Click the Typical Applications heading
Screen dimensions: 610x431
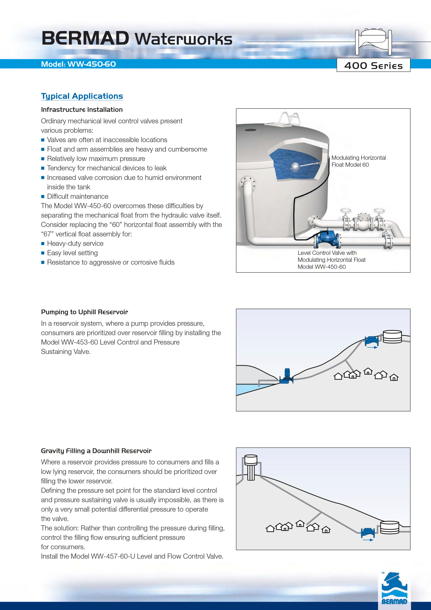click(82, 96)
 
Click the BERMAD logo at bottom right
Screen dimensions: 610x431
click(394, 589)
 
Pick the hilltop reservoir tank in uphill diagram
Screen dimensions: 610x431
click(392, 337)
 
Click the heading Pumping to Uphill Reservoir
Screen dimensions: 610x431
click(84, 312)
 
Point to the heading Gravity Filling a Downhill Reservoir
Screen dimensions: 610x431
click(96, 451)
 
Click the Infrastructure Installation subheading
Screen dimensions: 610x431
click(82, 110)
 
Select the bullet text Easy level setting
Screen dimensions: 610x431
click(72, 253)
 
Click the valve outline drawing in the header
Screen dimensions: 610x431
click(373, 42)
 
